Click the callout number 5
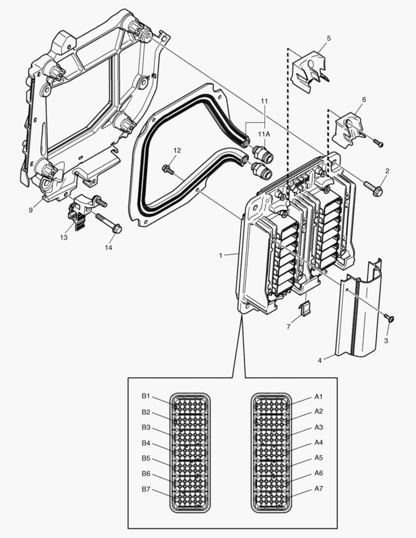tap(329, 38)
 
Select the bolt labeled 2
tap(375, 189)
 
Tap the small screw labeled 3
tap(389, 317)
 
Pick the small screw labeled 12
tap(167, 170)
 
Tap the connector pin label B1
tap(145, 397)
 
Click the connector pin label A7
tap(319, 489)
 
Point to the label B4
tap(145, 443)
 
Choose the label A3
tap(319, 427)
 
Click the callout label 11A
tap(264, 134)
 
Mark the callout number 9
tap(30, 210)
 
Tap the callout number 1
tap(220, 255)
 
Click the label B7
tap(145, 489)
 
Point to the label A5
tap(319, 458)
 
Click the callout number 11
tap(264, 101)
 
